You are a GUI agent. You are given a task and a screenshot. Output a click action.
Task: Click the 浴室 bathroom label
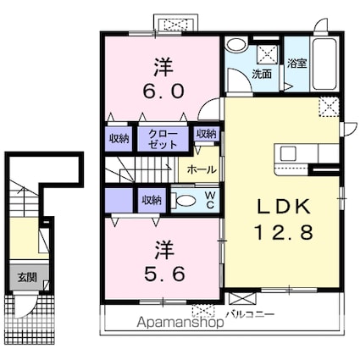point(296,64)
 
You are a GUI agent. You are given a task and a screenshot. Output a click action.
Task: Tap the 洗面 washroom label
point(262,74)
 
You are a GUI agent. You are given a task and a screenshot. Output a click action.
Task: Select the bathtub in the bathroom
point(325,64)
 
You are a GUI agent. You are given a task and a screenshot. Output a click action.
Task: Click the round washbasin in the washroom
point(236,45)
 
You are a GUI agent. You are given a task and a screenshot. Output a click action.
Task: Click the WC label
point(210,200)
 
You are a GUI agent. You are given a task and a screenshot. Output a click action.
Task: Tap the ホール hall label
point(202,170)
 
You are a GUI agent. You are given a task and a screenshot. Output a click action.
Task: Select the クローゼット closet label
point(163,139)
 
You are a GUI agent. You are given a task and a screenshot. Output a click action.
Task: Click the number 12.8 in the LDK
point(284,232)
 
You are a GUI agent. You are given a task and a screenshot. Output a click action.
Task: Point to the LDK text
point(284,207)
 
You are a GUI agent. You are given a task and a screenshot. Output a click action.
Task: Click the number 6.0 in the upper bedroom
point(163,91)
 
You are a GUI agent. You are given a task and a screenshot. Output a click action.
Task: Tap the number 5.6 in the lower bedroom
point(164,274)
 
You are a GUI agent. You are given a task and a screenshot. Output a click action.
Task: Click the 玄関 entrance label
point(27,278)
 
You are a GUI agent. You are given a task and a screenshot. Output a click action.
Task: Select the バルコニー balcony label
point(251,314)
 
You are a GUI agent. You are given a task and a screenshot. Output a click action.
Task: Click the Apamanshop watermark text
point(180,322)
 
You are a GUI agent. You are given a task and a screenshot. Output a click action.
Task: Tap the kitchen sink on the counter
point(288,154)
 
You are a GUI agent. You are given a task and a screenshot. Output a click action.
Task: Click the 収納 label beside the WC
point(152,200)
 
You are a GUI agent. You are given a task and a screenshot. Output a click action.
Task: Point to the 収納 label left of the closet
point(119,139)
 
